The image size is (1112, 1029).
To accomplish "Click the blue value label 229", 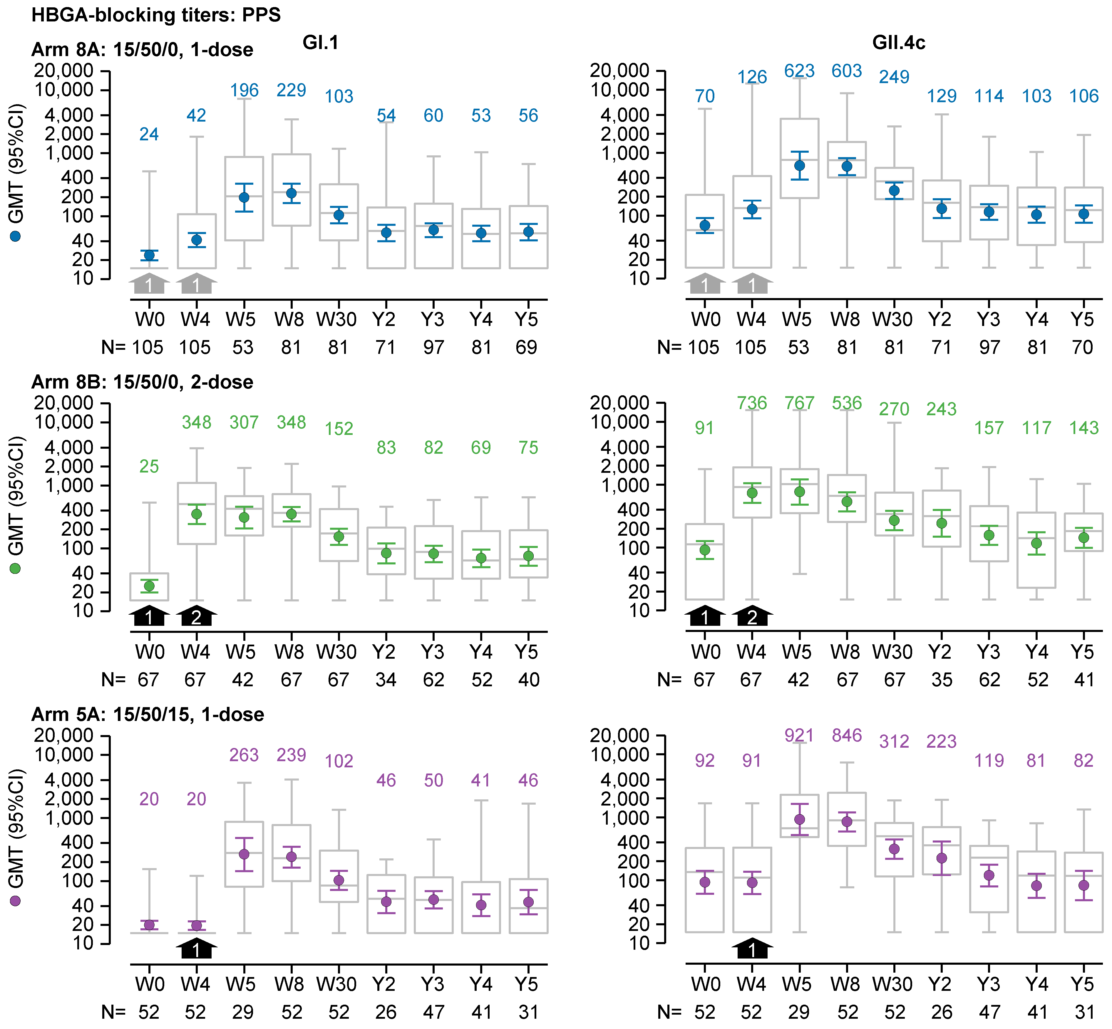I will pos(291,90).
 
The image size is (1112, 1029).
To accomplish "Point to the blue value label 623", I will pos(799,71).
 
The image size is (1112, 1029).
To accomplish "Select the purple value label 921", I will pos(799,736).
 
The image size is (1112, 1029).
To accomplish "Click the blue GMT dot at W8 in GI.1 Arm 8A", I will pos(291,193).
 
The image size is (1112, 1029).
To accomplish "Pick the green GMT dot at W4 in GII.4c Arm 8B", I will pos(752,493).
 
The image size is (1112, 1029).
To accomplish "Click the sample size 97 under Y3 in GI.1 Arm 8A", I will pos(433,347).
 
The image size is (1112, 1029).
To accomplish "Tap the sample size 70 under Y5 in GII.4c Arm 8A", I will pos(1083,347).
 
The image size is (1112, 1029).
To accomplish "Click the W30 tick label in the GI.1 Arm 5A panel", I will pos(336,984).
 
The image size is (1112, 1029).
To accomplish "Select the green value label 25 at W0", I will pos(149,467).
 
